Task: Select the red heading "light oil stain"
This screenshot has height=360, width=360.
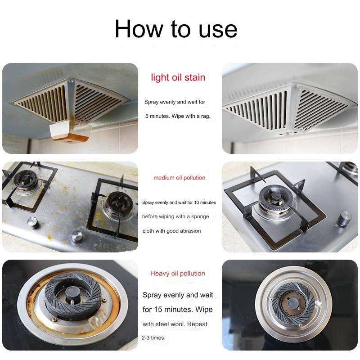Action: tap(178, 77)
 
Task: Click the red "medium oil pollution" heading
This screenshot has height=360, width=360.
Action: tap(179, 178)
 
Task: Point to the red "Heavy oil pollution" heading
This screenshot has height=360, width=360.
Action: tap(177, 273)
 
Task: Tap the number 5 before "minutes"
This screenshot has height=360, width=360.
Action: tap(147, 116)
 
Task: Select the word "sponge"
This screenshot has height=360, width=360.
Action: tap(200, 216)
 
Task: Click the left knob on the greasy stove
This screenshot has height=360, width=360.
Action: tap(32, 222)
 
